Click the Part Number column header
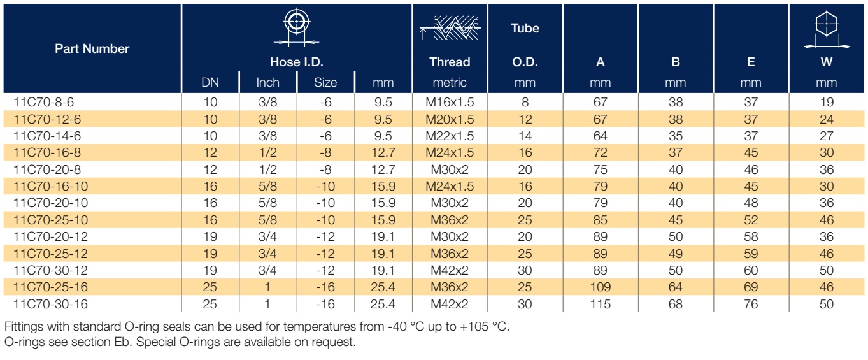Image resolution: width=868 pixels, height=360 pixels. point(92,48)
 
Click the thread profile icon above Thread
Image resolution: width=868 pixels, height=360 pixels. point(450,28)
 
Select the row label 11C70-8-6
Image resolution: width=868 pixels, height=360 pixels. point(43,103)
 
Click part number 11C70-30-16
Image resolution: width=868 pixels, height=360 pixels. point(50,304)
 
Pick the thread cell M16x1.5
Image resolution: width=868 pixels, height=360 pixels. point(450,103)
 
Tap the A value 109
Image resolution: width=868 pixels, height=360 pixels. point(601,287)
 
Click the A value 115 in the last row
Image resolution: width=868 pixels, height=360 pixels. point(601,304)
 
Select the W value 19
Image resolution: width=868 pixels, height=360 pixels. point(827,103)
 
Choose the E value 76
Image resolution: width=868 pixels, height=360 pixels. point(751,304)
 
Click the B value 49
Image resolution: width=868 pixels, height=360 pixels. point(676,254)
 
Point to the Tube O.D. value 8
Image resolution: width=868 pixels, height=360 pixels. point(525,103)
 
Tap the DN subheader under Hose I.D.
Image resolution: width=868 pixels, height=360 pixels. point(210,83)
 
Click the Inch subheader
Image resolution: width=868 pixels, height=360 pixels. point(267,83)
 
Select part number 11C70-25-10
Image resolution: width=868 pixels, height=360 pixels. point(50,220)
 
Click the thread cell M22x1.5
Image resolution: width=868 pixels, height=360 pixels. point(450,136)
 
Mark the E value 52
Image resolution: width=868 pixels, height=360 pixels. point(751,220)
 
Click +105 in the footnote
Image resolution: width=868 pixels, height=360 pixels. point(474,327)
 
